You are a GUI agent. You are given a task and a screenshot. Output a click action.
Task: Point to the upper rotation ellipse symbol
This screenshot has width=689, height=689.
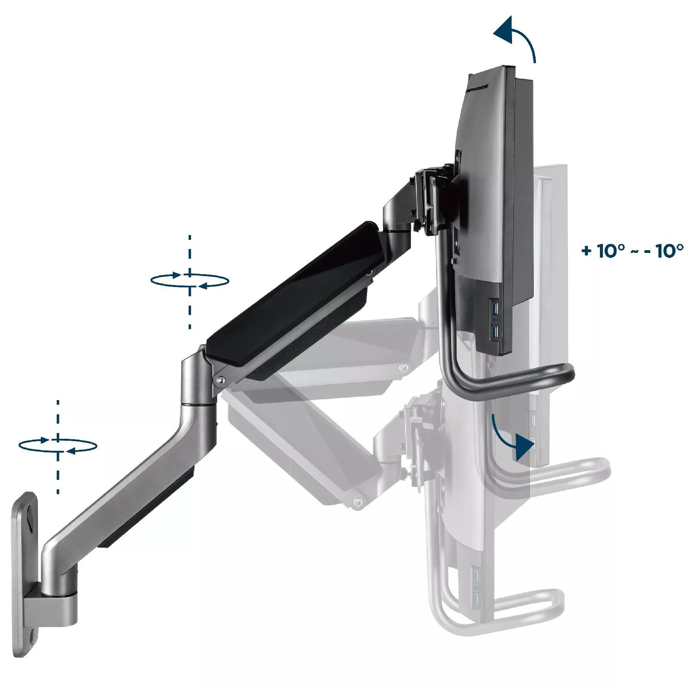coord(189,280)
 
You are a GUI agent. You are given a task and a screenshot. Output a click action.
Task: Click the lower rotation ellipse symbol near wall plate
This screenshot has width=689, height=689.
coord(58,445)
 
